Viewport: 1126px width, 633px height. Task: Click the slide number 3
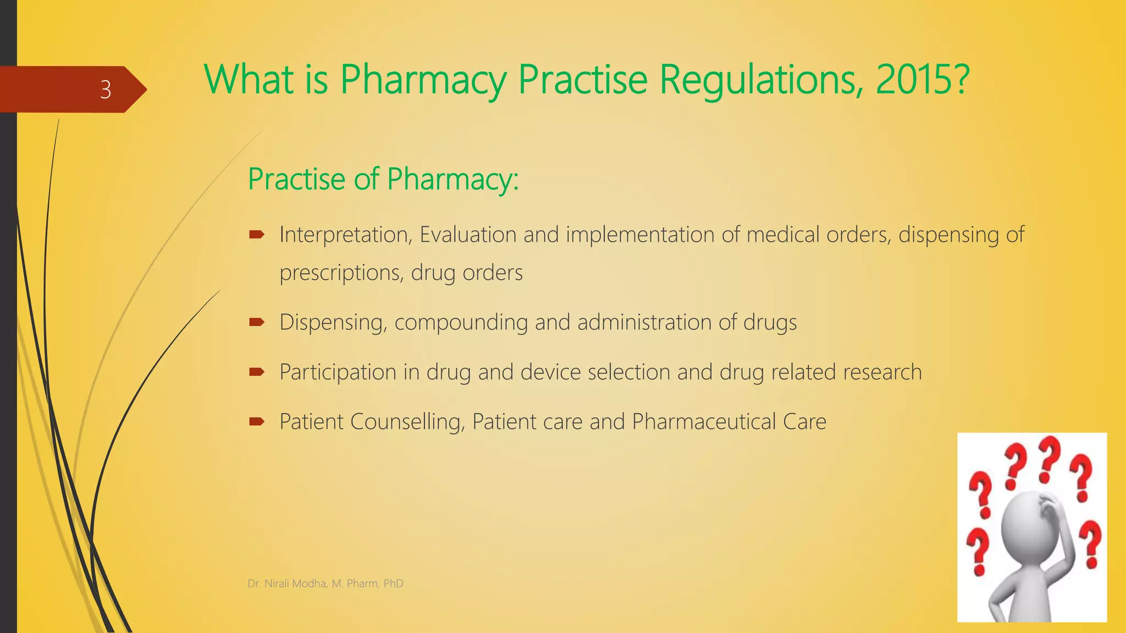click(106, 90)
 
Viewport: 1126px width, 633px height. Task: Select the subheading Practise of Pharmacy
click(383, 179)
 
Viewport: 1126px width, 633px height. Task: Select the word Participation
click(338, 373)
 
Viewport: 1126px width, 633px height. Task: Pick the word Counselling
click(407, 422)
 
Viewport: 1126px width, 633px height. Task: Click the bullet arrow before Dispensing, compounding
click(257, 322)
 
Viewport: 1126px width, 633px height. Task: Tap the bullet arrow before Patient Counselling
click(257, 421)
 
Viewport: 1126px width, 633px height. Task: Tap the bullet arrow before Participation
click(257, 372)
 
